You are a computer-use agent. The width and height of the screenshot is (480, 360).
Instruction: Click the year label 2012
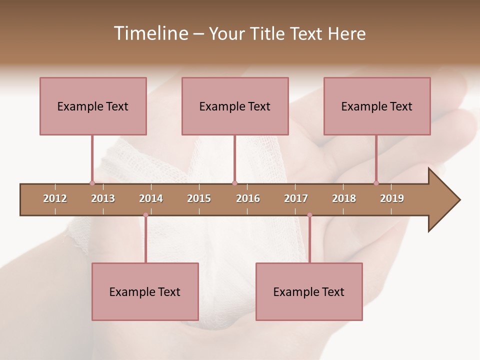coord(55,198)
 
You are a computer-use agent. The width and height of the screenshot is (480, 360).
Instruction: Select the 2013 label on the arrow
coord(103,198)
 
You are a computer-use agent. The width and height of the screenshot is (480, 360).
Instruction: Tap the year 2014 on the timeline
coord(151,198)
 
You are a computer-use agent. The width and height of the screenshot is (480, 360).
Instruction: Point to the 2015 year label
coord(199,198)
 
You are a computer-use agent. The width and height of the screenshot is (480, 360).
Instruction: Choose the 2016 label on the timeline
coord(248,198)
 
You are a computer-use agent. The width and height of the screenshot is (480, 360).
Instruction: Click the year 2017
coord(296,198)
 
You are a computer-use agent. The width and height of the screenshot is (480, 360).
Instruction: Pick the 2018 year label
coord(344,198)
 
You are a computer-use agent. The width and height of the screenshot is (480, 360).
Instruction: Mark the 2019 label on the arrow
coord(392,198)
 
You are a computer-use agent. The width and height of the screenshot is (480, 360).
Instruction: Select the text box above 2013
coord(93,106)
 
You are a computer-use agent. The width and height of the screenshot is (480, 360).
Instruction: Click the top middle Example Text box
coord(235,106)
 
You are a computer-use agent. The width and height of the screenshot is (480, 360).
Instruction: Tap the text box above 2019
coord(377,106)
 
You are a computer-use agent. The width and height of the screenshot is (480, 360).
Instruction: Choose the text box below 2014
coord(145,291)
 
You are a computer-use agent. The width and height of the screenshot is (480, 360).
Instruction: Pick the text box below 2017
coord(309,291)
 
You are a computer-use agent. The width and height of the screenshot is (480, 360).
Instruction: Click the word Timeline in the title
coord(150,33)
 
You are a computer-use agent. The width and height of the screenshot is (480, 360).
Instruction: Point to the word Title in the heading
coord(270,33)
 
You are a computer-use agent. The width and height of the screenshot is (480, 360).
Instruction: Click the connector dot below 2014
coord(145,215)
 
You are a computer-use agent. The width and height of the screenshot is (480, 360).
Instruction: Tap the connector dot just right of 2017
coord(309,215)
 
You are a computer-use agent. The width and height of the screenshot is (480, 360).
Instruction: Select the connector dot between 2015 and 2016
coord(234,183)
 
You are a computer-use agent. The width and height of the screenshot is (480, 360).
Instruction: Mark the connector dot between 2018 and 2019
coord(376,183)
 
